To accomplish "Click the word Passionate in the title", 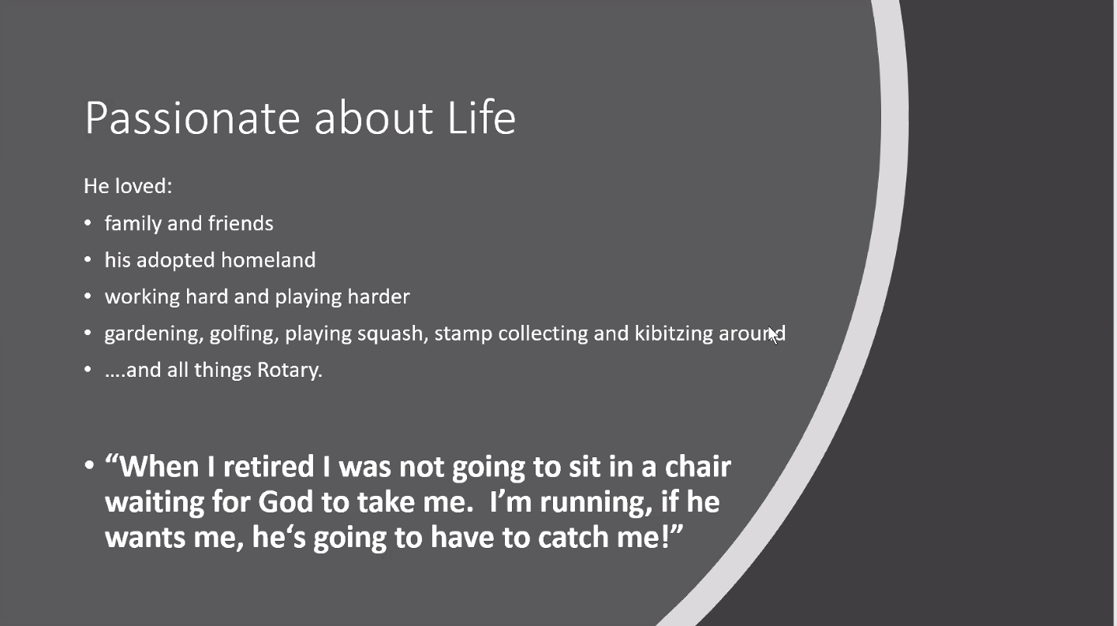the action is coord(192,118).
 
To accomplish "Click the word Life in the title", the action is coord(482,117).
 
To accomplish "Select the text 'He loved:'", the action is coord(128,186).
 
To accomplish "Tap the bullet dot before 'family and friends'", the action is coord(88,223).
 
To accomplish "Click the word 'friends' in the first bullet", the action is coord(241,223).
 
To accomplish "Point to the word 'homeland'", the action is coord(268,259).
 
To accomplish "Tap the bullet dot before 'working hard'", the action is coord(88,296).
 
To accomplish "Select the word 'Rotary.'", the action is coord(290,371).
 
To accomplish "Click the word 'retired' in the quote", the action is coord(268,467).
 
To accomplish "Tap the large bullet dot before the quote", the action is coord(89,465).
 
